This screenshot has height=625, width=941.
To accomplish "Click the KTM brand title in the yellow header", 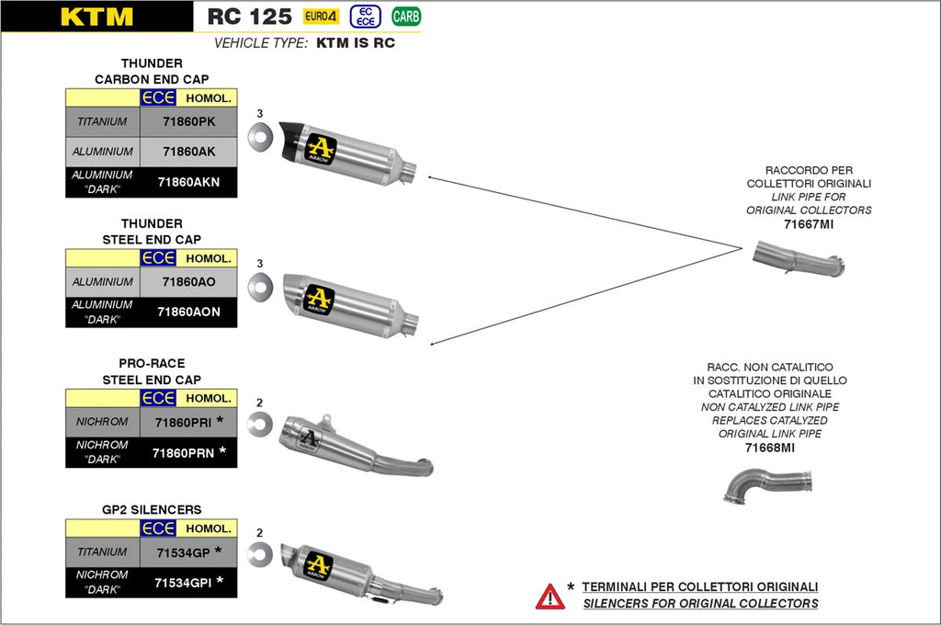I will [x=96, y=17].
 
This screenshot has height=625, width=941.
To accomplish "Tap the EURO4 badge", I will [x=322, y=17].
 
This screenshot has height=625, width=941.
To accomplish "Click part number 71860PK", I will [x=188, y=121].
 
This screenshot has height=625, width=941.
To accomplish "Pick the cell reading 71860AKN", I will [x=188, y=182].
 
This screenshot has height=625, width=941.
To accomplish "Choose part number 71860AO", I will [x=188, y=281].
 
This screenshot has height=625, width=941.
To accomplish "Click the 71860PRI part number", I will [x=184, y=422].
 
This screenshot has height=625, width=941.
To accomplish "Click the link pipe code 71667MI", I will [x=809, y=223].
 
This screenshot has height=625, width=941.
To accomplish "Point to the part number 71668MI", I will [x=770, y=448].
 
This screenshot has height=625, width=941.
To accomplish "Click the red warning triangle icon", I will [x=550, y=596].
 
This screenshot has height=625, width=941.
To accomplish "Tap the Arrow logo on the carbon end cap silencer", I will [x=320, y=149].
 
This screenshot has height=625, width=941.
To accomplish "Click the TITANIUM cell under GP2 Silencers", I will [x=103, y=551].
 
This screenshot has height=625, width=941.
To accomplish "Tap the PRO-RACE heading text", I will [x=152, y=363].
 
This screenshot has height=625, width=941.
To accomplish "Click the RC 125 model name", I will [x=249, y=17].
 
